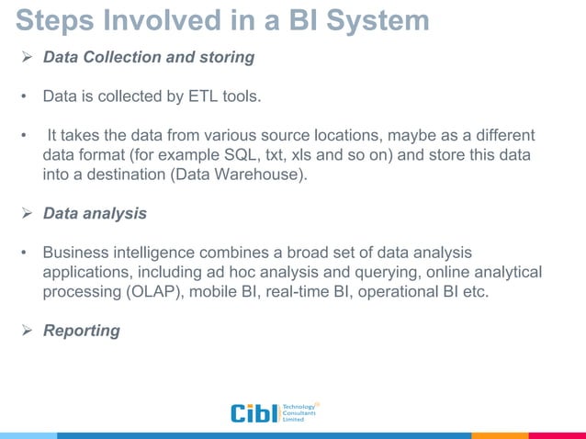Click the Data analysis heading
[x=95, y=213]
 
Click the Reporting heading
[x=82, y=330]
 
